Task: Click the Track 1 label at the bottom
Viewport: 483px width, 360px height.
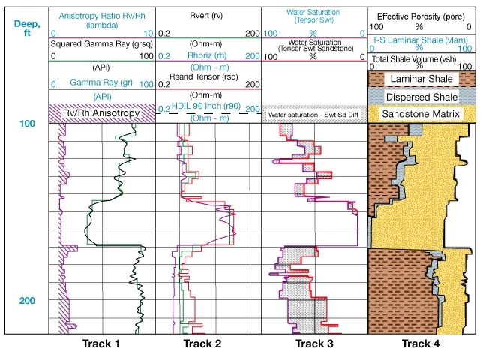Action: click(101, 345)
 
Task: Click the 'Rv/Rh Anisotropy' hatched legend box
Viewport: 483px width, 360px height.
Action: click(102, 113)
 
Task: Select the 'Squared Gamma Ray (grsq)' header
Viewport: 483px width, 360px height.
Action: click(101, 45)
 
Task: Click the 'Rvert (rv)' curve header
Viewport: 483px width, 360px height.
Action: click(208, 15)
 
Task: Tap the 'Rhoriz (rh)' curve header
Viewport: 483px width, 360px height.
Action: click(208, 56)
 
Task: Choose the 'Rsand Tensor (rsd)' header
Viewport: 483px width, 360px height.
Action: click(208, 82)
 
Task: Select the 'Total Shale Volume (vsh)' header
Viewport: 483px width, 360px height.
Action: click(421, 58)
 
